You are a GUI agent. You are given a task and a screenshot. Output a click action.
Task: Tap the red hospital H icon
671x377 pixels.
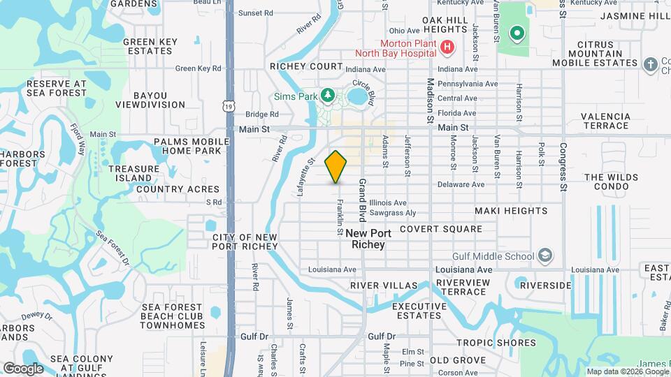447,47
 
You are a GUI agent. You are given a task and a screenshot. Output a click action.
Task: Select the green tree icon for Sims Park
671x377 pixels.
326,94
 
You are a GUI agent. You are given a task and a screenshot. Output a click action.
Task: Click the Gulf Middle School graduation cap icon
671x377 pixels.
544,256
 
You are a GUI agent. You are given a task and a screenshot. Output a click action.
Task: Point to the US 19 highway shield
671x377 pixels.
229,105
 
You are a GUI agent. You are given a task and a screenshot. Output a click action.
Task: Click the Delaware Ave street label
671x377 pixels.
461,185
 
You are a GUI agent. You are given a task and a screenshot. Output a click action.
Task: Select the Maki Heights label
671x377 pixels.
511,211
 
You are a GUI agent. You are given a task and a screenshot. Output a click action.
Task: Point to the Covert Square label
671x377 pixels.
440,229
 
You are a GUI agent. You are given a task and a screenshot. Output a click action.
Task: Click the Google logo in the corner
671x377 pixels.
23,368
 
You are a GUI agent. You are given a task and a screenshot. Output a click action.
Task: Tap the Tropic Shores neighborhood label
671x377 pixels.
496,343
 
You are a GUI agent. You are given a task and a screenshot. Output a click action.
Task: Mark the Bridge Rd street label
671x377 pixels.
261,114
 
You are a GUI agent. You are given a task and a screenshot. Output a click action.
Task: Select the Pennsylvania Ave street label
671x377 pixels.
467,84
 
